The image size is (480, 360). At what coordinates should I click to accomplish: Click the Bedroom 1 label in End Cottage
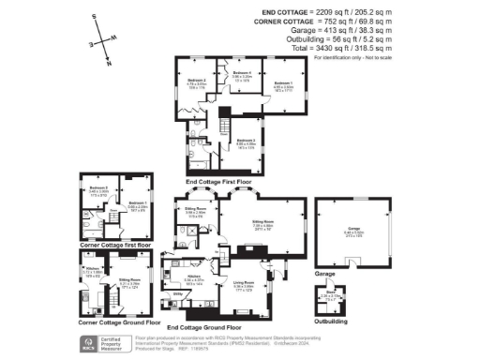pyautogui.click(x=283, y=83)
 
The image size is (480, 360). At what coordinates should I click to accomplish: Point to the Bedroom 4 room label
pyautogui.click(x=241, y=72)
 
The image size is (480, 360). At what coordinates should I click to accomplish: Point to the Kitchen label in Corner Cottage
pyautogui.click(x=92, y=270)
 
